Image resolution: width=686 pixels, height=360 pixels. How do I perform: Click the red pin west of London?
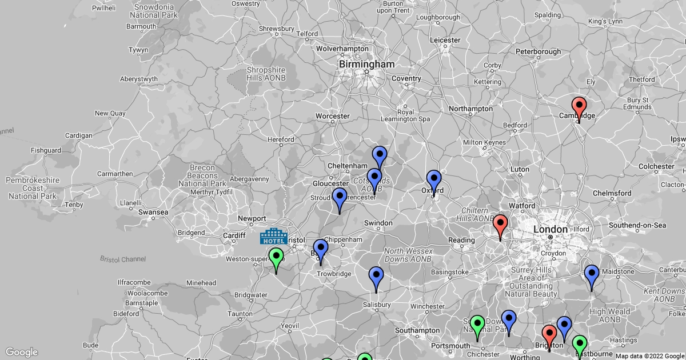click(x=500, y=225)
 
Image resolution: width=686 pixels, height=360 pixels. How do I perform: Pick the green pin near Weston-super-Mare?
click(x=276, y=258)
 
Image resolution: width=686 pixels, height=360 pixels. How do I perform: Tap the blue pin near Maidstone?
click(x=591, y=275)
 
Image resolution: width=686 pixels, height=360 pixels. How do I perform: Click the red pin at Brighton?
click(x=549, y=335)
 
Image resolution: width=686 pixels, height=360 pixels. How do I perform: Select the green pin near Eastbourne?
click(x=580, y=345)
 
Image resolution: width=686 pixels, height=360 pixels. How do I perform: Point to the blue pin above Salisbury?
click(x=376, y=277)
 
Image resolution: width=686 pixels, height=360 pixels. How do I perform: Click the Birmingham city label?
click(x=366, y=65)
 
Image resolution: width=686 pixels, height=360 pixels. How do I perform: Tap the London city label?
click(x=550, y=229)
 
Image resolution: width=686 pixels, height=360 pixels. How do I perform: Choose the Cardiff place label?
click(x=234, y=235)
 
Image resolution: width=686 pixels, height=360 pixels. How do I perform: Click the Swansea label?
click(x=154, y=212)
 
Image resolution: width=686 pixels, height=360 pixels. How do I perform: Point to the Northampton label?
click(x=471, y=109)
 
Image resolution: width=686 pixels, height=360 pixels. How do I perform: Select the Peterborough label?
click(x=538, y=51)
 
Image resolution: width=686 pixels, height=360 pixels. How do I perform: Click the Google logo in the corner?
click(x=22, y=352)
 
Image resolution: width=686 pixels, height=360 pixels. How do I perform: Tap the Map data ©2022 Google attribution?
click(x=649, y=356)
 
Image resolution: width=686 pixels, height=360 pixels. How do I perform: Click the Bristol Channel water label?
click(x=123, y=259)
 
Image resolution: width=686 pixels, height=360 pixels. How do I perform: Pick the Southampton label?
click(x=417, y=330)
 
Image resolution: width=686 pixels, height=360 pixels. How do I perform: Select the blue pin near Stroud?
click(x=340, y=198)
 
